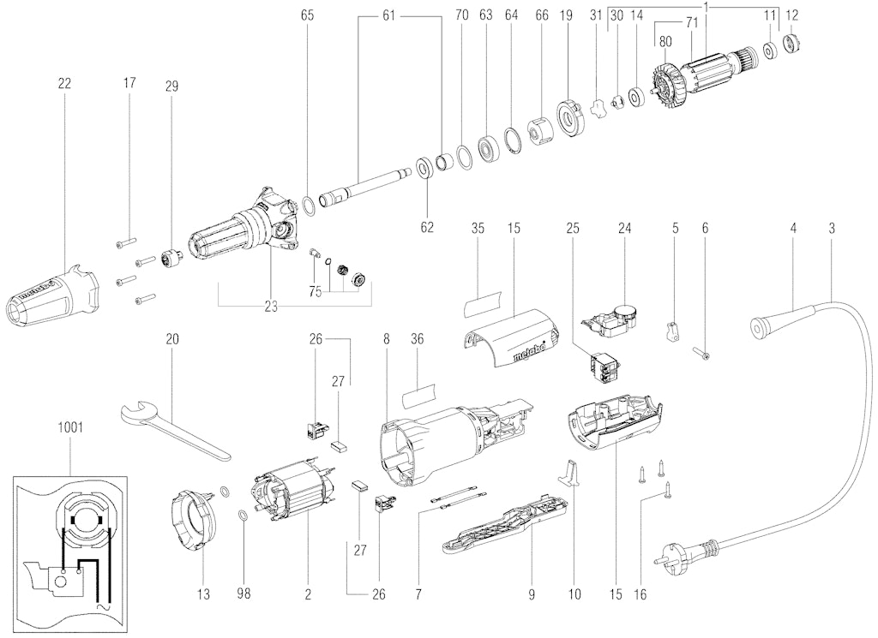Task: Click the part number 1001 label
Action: pyautogui.click(x=70, y=427)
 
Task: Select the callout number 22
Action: pyautogui.click(x=64, y=83)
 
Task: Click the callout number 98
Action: pyautogui.click(x=244, y=593)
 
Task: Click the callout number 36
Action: pyautogui.click(x=418, y=339)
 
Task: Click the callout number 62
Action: pyautogui.click(x=427, y=227)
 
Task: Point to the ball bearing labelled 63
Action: pyautogui.click(x=489, y=147)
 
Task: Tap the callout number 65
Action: pyautogui.click(x=308, y=15)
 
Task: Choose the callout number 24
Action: pyautogui.click(x=624, y=228)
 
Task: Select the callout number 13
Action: pyautogui.click(x=204, y=593)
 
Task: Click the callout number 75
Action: pyautogui.click(x=316, y=292)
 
